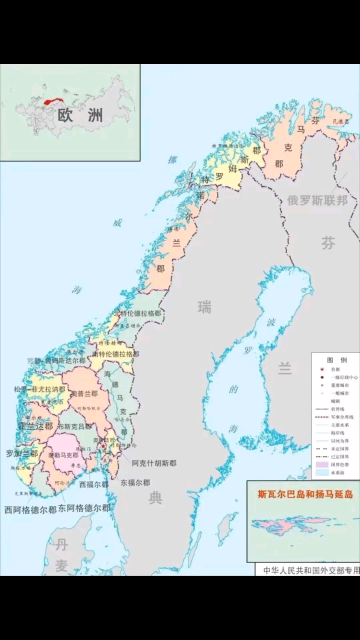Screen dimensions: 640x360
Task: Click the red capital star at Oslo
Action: click(103, 445)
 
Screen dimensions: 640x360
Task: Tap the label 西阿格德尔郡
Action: click(30, 510)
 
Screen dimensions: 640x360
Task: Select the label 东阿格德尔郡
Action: click(84, 508)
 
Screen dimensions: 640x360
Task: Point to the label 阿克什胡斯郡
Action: click(154, 463)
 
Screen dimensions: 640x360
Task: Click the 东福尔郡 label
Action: click(135, 483)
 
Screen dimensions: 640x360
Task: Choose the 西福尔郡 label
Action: click(93, 484)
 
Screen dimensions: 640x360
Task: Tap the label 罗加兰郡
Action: click(21, 454)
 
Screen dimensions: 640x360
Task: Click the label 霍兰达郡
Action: click(35, 426)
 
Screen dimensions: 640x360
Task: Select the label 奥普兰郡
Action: click(82, 394)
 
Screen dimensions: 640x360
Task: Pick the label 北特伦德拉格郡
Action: click(137, 313)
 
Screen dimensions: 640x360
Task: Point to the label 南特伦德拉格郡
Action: click(115, 354)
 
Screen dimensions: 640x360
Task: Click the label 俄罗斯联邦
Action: click(317, 200)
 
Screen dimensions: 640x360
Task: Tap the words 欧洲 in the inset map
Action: click(80, 115)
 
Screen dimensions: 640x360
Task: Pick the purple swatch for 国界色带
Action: click(322, 464)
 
